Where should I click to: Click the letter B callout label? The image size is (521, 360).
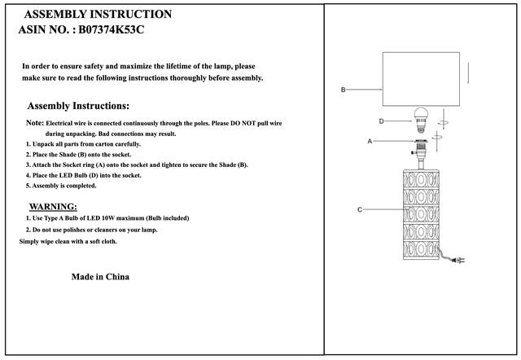(x=343, y=89)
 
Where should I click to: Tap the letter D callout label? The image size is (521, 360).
(x=381, y=121)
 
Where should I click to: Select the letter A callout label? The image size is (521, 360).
(x=370, y=141)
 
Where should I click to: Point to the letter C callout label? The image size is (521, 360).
(x=359, y=209)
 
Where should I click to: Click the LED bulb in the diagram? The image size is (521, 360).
(x=422, y=119)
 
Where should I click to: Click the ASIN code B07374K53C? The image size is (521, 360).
(x=113, y=29)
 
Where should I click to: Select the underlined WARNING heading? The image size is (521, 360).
(x=53, y=207)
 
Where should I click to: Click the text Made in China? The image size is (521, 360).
(x=100, y=277)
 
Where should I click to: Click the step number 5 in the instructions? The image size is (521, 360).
(x=28, y=186)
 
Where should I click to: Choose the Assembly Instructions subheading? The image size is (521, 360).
(x=78, y=106)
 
